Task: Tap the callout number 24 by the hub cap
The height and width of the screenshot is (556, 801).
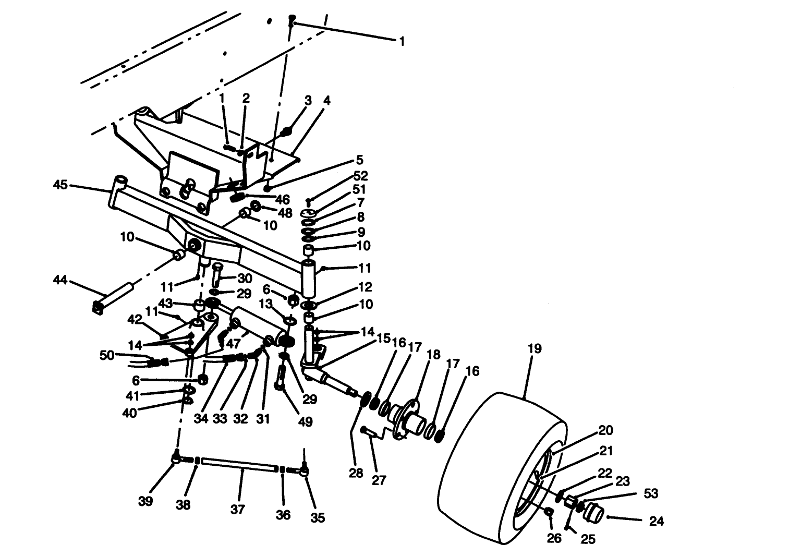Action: pyautogui.click(x=656, y=521)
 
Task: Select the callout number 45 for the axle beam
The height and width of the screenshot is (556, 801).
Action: pyautogui.click(x=60, y=185)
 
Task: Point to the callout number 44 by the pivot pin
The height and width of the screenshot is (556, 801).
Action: pyautogui.click(x=60, y=281)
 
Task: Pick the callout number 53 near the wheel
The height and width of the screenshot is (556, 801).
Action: pyautogui.click(x=651, y=493)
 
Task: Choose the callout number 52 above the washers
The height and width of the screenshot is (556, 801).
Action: pyautogui.click(x=360, y=176)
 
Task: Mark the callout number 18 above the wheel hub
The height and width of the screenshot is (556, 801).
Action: pyautogui.click(x=433, y=356)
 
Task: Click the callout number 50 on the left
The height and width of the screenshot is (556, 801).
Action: pyautogui.click(x=107, y=355)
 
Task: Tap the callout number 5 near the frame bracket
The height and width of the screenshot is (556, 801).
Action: pyautogui.click(x=359, y=160)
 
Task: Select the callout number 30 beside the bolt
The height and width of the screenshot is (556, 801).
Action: pyautogui.click(x=245, y=279)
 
